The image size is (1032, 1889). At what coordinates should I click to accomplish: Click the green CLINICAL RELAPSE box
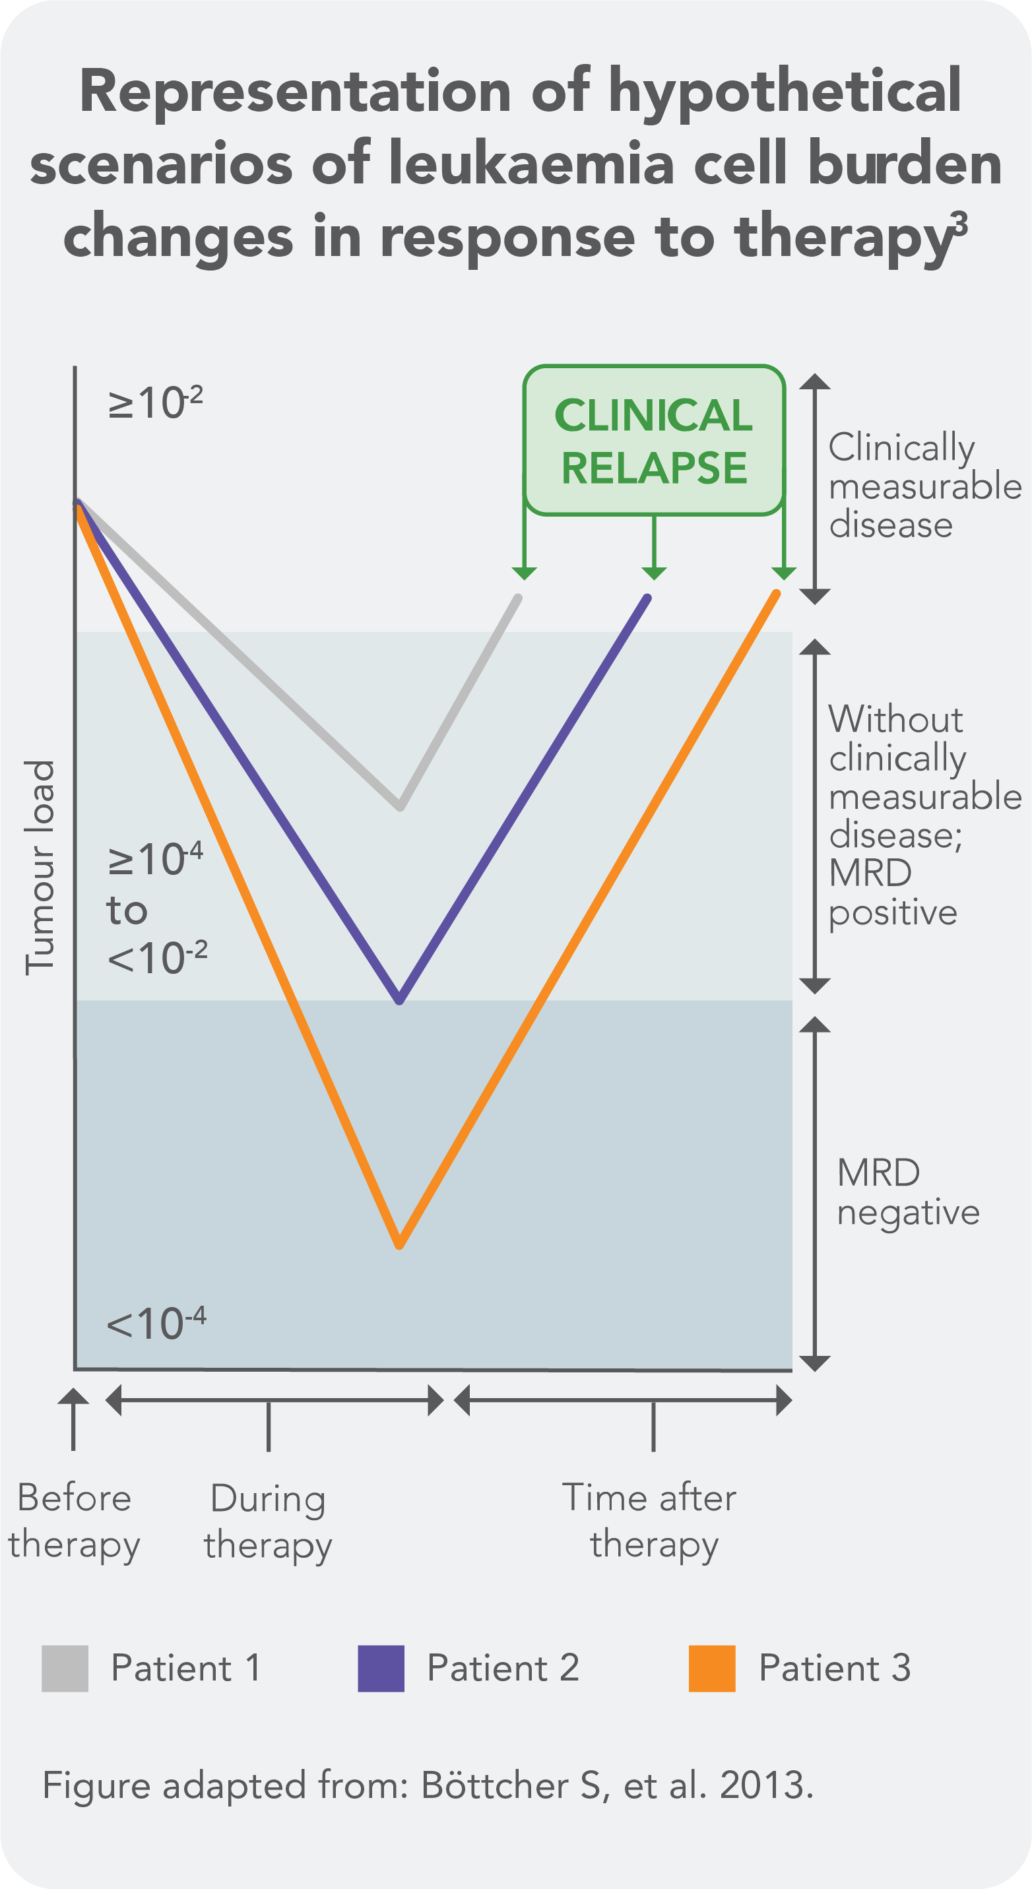click(653, 441)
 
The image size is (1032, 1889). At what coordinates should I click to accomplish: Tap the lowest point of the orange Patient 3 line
click(400, 1244)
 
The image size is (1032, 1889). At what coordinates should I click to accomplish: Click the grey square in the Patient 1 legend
click(65, 1668)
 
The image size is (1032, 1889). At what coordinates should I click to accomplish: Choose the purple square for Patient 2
click(381, 1668)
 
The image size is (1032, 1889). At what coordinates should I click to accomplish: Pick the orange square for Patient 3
click(711, 1668)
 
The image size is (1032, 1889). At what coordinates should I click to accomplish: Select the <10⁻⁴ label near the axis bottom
click(157, 1324)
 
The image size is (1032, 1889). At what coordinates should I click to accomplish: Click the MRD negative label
click(907, 1192)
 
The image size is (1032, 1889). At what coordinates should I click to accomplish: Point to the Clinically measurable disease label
click(924, 486)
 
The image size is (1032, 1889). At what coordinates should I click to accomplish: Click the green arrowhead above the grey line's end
click(524, 573)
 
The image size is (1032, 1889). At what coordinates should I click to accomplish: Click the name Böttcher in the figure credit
click(495, 1785)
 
